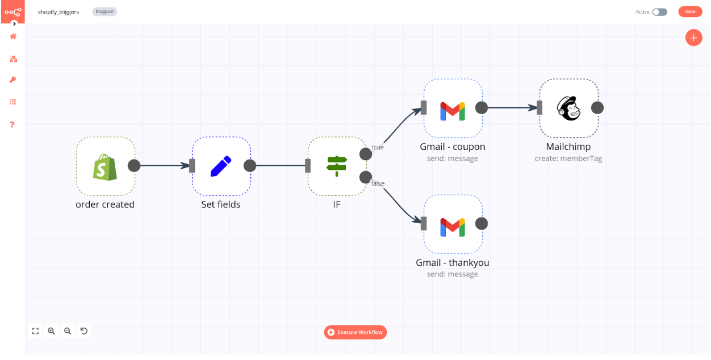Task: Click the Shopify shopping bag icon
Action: point(105,166)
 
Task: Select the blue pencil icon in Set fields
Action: point(221,166)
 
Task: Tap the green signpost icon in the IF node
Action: point(337,166)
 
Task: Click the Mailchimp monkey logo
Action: point(568,108)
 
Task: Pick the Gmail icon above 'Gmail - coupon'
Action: point(453,111)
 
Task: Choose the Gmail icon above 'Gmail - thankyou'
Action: point(453,227)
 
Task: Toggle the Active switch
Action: point(659,11)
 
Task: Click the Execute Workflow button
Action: point(355,332)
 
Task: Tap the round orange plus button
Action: point(693,38)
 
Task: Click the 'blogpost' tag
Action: point(104,11)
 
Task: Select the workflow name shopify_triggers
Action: point(58,11)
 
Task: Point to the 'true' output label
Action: point(378,147)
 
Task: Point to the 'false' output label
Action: point(378,183)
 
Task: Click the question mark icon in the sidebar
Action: point(12,124)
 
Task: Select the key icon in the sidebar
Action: point(12,80)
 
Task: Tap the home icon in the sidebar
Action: point(13,36)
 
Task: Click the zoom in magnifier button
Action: point(52,330)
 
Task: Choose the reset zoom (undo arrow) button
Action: point(84,330)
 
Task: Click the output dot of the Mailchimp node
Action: point(597,108)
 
